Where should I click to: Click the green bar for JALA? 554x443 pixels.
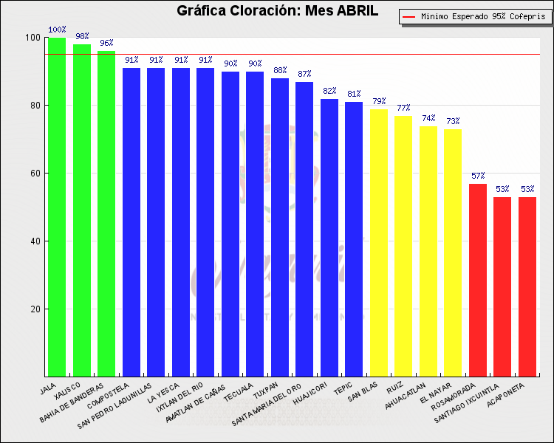click(57, 207)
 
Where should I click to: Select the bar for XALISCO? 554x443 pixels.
click(82, 210)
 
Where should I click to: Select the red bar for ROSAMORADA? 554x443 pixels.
click(478, 280)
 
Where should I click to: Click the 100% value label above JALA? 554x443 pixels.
click(57, 30)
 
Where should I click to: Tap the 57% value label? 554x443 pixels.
click(478, 176)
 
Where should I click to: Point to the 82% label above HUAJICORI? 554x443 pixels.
click(329, 92)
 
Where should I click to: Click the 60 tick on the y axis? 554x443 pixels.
click(35, 174)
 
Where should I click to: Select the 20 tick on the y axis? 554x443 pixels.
click(35, 309)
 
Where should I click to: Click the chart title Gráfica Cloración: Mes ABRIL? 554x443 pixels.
click(278, 11)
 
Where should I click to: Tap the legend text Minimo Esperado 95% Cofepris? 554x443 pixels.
click(482, 16)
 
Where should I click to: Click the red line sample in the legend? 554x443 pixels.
click(409, 16)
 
